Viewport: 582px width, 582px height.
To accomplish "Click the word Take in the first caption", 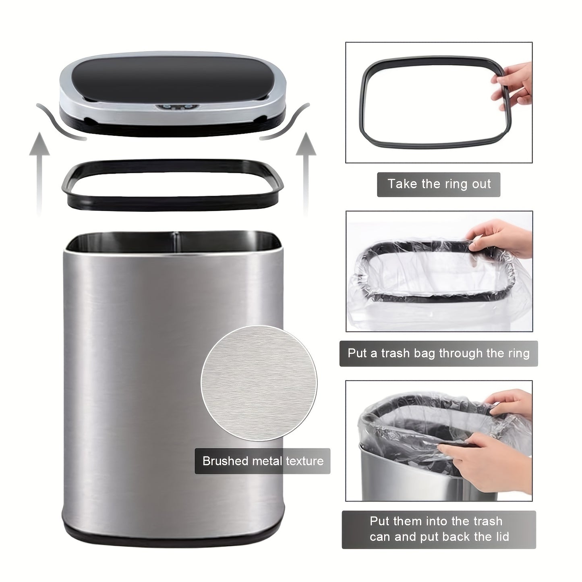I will point(403,184).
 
